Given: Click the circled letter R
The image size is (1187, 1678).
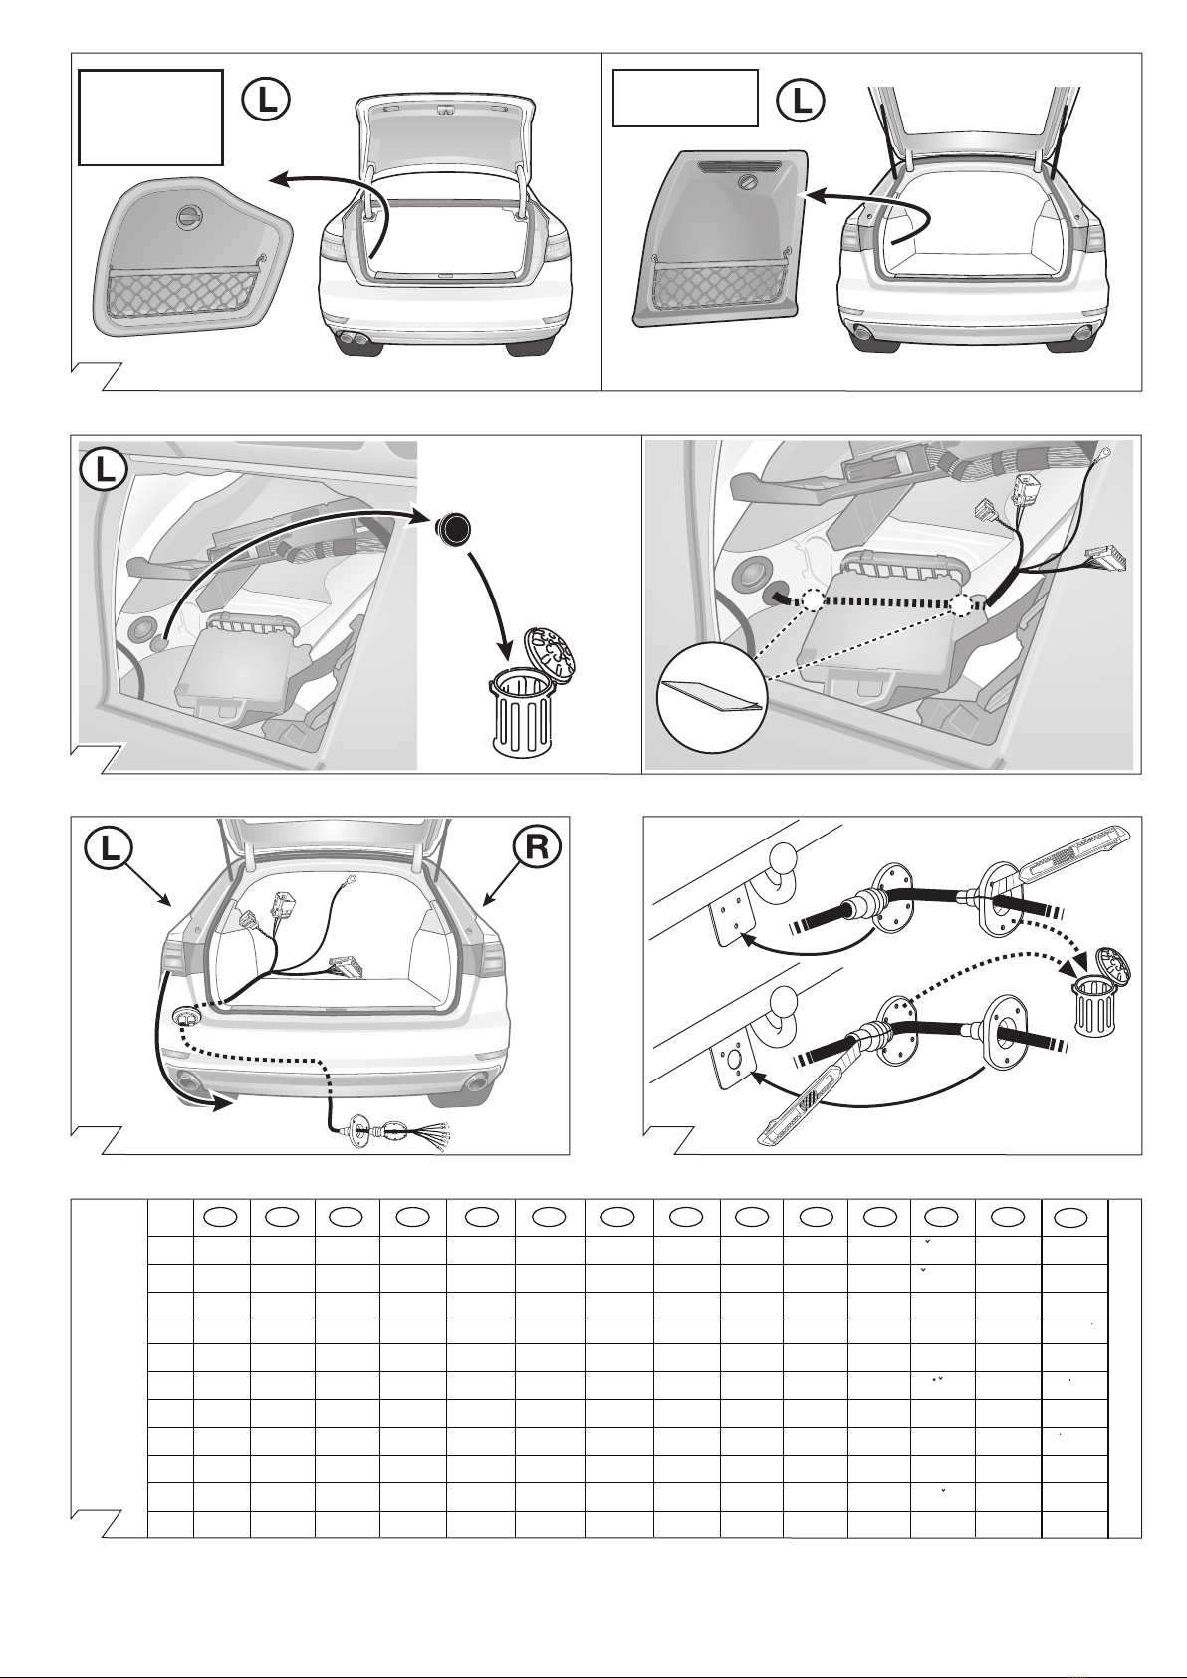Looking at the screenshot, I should (x=536, y=847).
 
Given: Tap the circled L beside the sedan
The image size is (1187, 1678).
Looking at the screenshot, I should (x=266, y=101).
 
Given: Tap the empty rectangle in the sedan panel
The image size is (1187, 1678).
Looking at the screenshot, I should (x=150, y=117).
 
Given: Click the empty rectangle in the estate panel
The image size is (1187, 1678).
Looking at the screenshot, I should (x=685, y=98).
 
